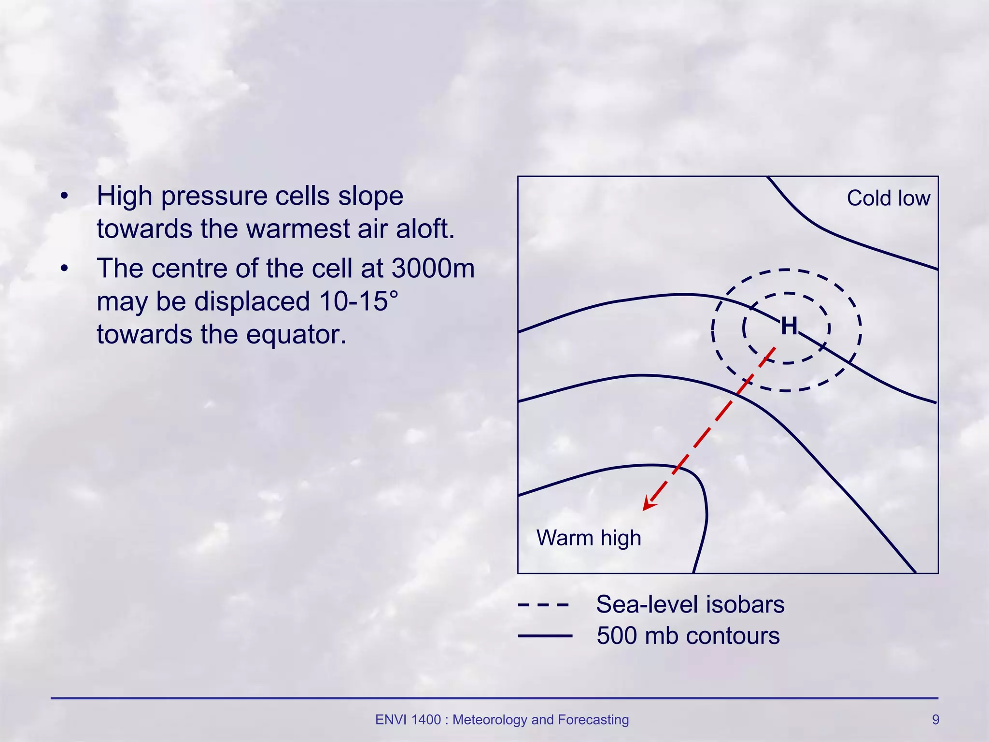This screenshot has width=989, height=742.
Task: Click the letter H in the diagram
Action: tap(789, 327)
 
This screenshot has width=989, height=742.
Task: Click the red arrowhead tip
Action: tap(644, 509)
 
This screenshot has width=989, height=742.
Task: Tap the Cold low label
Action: tap(888, 198)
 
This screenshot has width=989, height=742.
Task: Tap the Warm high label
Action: tap(588, 538)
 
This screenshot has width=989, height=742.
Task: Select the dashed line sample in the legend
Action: tap(543, 605)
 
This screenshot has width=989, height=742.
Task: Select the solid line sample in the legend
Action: tap(545, 636)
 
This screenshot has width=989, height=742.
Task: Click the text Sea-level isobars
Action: tap(690, 604)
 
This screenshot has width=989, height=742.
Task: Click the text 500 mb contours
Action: tap(688, 636)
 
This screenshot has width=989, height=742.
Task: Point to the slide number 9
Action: tap(935, 720)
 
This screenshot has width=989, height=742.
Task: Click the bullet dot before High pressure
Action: tap(64, 197)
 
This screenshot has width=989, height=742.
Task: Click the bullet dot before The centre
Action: tap(64, 269)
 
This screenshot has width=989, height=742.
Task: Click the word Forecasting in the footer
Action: tap(593, 720)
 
